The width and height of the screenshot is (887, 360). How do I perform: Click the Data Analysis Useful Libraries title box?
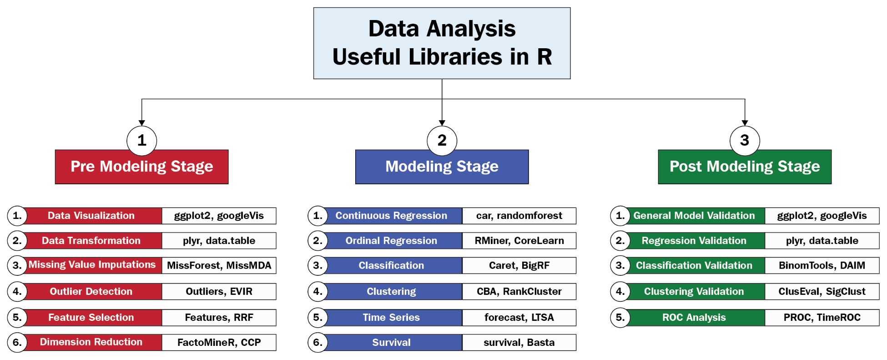pos(442,43)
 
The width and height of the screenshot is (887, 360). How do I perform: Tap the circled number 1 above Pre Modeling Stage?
pos(142,141)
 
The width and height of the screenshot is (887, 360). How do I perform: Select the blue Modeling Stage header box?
pos(442,167)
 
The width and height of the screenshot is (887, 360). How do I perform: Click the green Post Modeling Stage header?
pos(745,167)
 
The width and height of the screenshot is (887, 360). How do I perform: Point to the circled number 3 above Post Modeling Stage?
pos(745,141)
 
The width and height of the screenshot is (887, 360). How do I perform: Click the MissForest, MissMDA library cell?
pos(219,265)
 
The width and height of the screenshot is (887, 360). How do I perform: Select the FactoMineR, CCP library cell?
pos(219,342)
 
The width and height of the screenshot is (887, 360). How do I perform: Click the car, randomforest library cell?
pos(519,216)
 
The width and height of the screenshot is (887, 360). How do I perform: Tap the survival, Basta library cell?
pos(519,342)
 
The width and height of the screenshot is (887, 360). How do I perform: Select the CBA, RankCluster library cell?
pos(519,291)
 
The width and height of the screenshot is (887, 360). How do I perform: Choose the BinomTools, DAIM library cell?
pos(822,265)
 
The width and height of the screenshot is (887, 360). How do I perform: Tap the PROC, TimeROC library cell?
pos(822,317)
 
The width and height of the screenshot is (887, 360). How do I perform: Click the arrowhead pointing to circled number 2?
pos(442,123)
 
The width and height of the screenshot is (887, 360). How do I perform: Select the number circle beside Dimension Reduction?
pos(17,342)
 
